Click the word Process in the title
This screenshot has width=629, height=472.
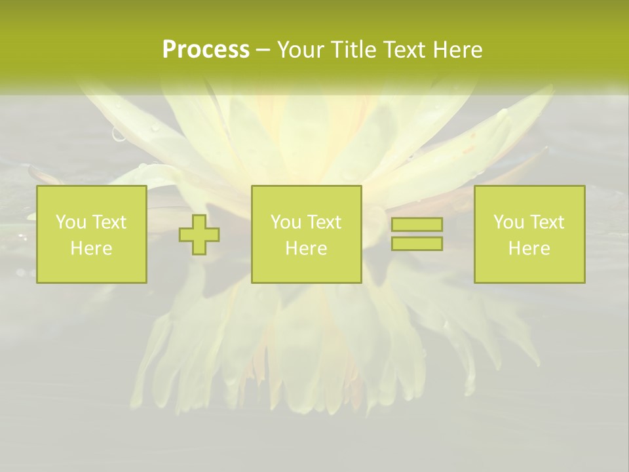tap(206, 50)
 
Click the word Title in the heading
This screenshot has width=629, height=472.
tap(354, 50)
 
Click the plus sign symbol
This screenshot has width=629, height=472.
tap(199, 235)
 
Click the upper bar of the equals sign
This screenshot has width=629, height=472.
tap(417, 224)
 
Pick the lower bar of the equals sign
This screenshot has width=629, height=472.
tap(417, 243)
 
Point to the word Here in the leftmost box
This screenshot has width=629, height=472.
tap(92, 248)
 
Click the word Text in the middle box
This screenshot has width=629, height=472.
tap(324, 222)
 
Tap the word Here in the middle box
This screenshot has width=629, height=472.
tap(307, 248)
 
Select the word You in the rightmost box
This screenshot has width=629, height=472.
tap(509, 222)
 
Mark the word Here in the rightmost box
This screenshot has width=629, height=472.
tap(529, 248)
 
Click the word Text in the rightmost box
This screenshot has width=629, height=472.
tap(547, 222)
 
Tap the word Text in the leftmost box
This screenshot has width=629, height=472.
tap(109, 222)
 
